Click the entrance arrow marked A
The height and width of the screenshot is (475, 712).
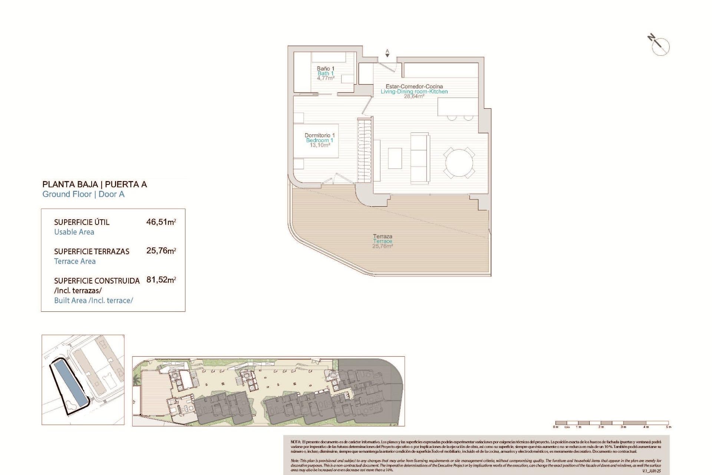(x=387, y=54)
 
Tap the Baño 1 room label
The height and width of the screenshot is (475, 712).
(x=325, y=69)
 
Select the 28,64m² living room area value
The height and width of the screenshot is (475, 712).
(x=414, y=96)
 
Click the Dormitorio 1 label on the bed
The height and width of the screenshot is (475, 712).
(x=319, y=135)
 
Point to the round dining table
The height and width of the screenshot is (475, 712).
(x=459, y=163)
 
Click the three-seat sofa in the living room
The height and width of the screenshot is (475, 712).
(x=420, y=158)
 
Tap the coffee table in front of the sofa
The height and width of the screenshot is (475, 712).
(x=395, y=158)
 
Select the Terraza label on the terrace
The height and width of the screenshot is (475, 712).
(x=382, y=236)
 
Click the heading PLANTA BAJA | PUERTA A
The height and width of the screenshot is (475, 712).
(x=95, y=184)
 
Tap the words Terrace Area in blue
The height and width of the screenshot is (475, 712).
(x=75, y=261)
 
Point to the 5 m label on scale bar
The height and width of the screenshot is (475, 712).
(x=668, y=427)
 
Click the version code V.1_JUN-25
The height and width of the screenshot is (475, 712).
(x=652, y=471)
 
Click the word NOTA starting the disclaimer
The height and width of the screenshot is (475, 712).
(x=296, y=442)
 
